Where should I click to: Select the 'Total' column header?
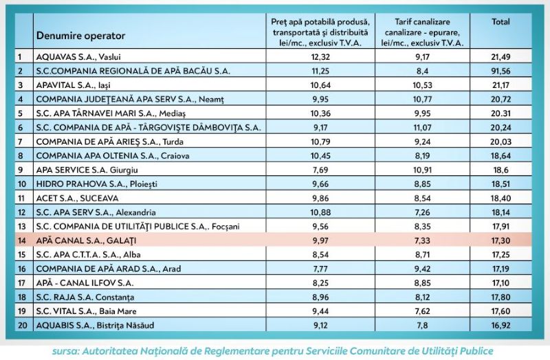click(x=500, y=22)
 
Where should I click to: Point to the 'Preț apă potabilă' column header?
click(x=320, y=32)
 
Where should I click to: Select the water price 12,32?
click(x=320, y=56)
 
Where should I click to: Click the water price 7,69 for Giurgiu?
click(x=320, y=170)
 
